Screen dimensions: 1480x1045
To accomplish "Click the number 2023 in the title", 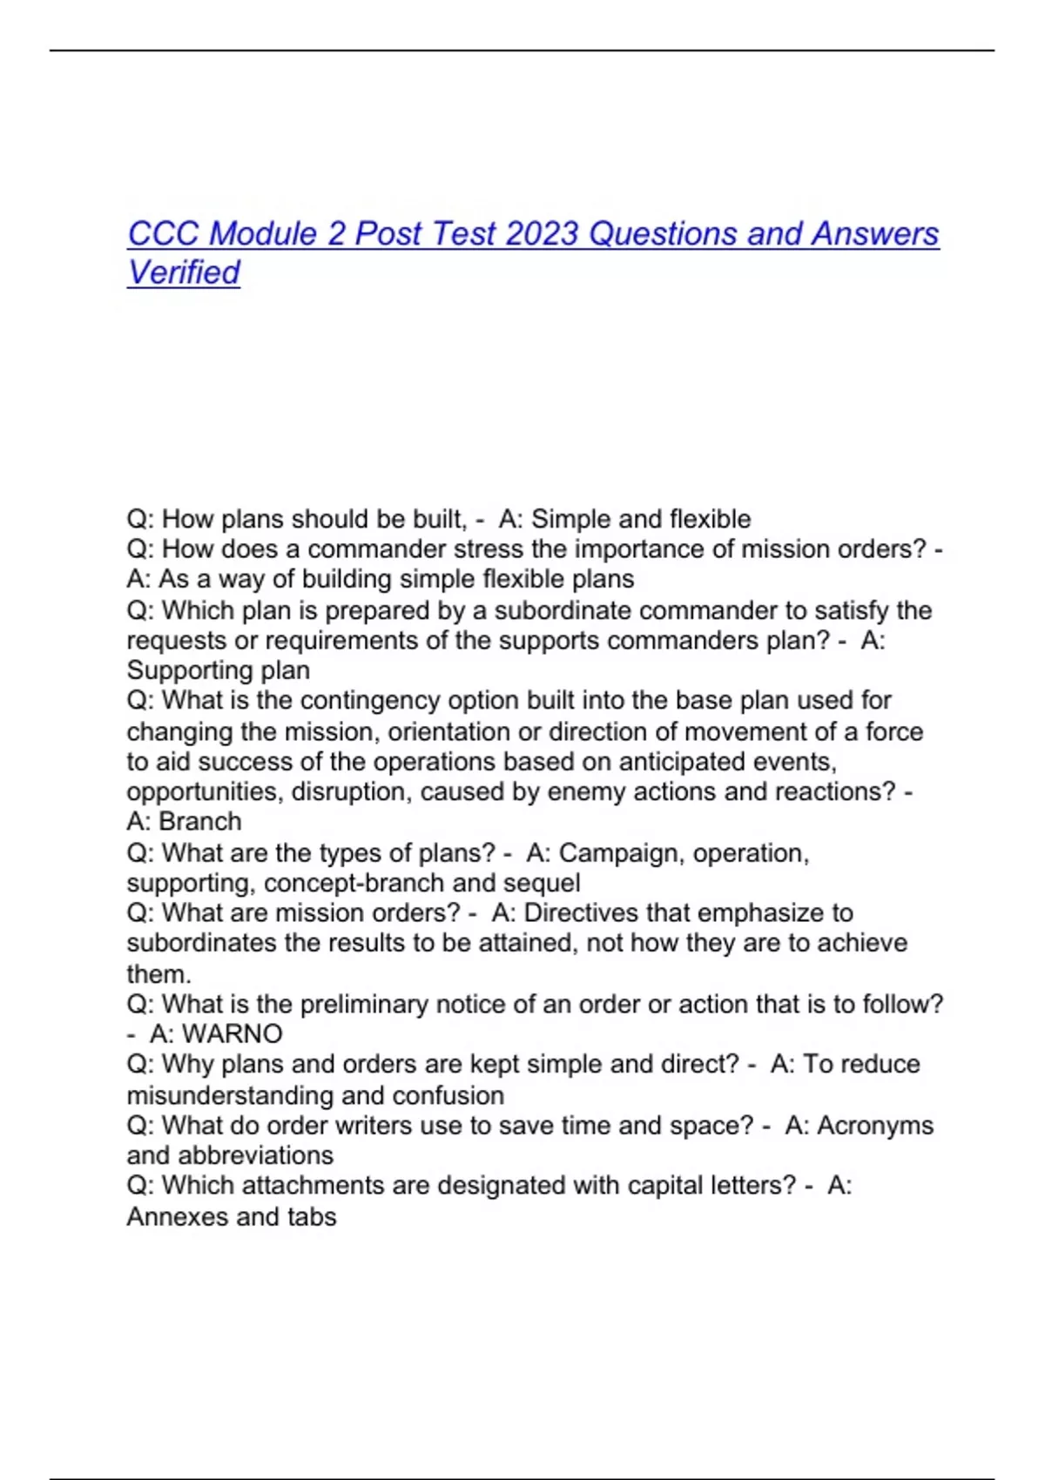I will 542,234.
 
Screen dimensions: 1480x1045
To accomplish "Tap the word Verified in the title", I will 183,272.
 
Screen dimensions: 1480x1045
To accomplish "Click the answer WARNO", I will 233,1034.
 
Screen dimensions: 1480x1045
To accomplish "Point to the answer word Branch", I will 200,822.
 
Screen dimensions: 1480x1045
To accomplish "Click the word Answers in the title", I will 875,234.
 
